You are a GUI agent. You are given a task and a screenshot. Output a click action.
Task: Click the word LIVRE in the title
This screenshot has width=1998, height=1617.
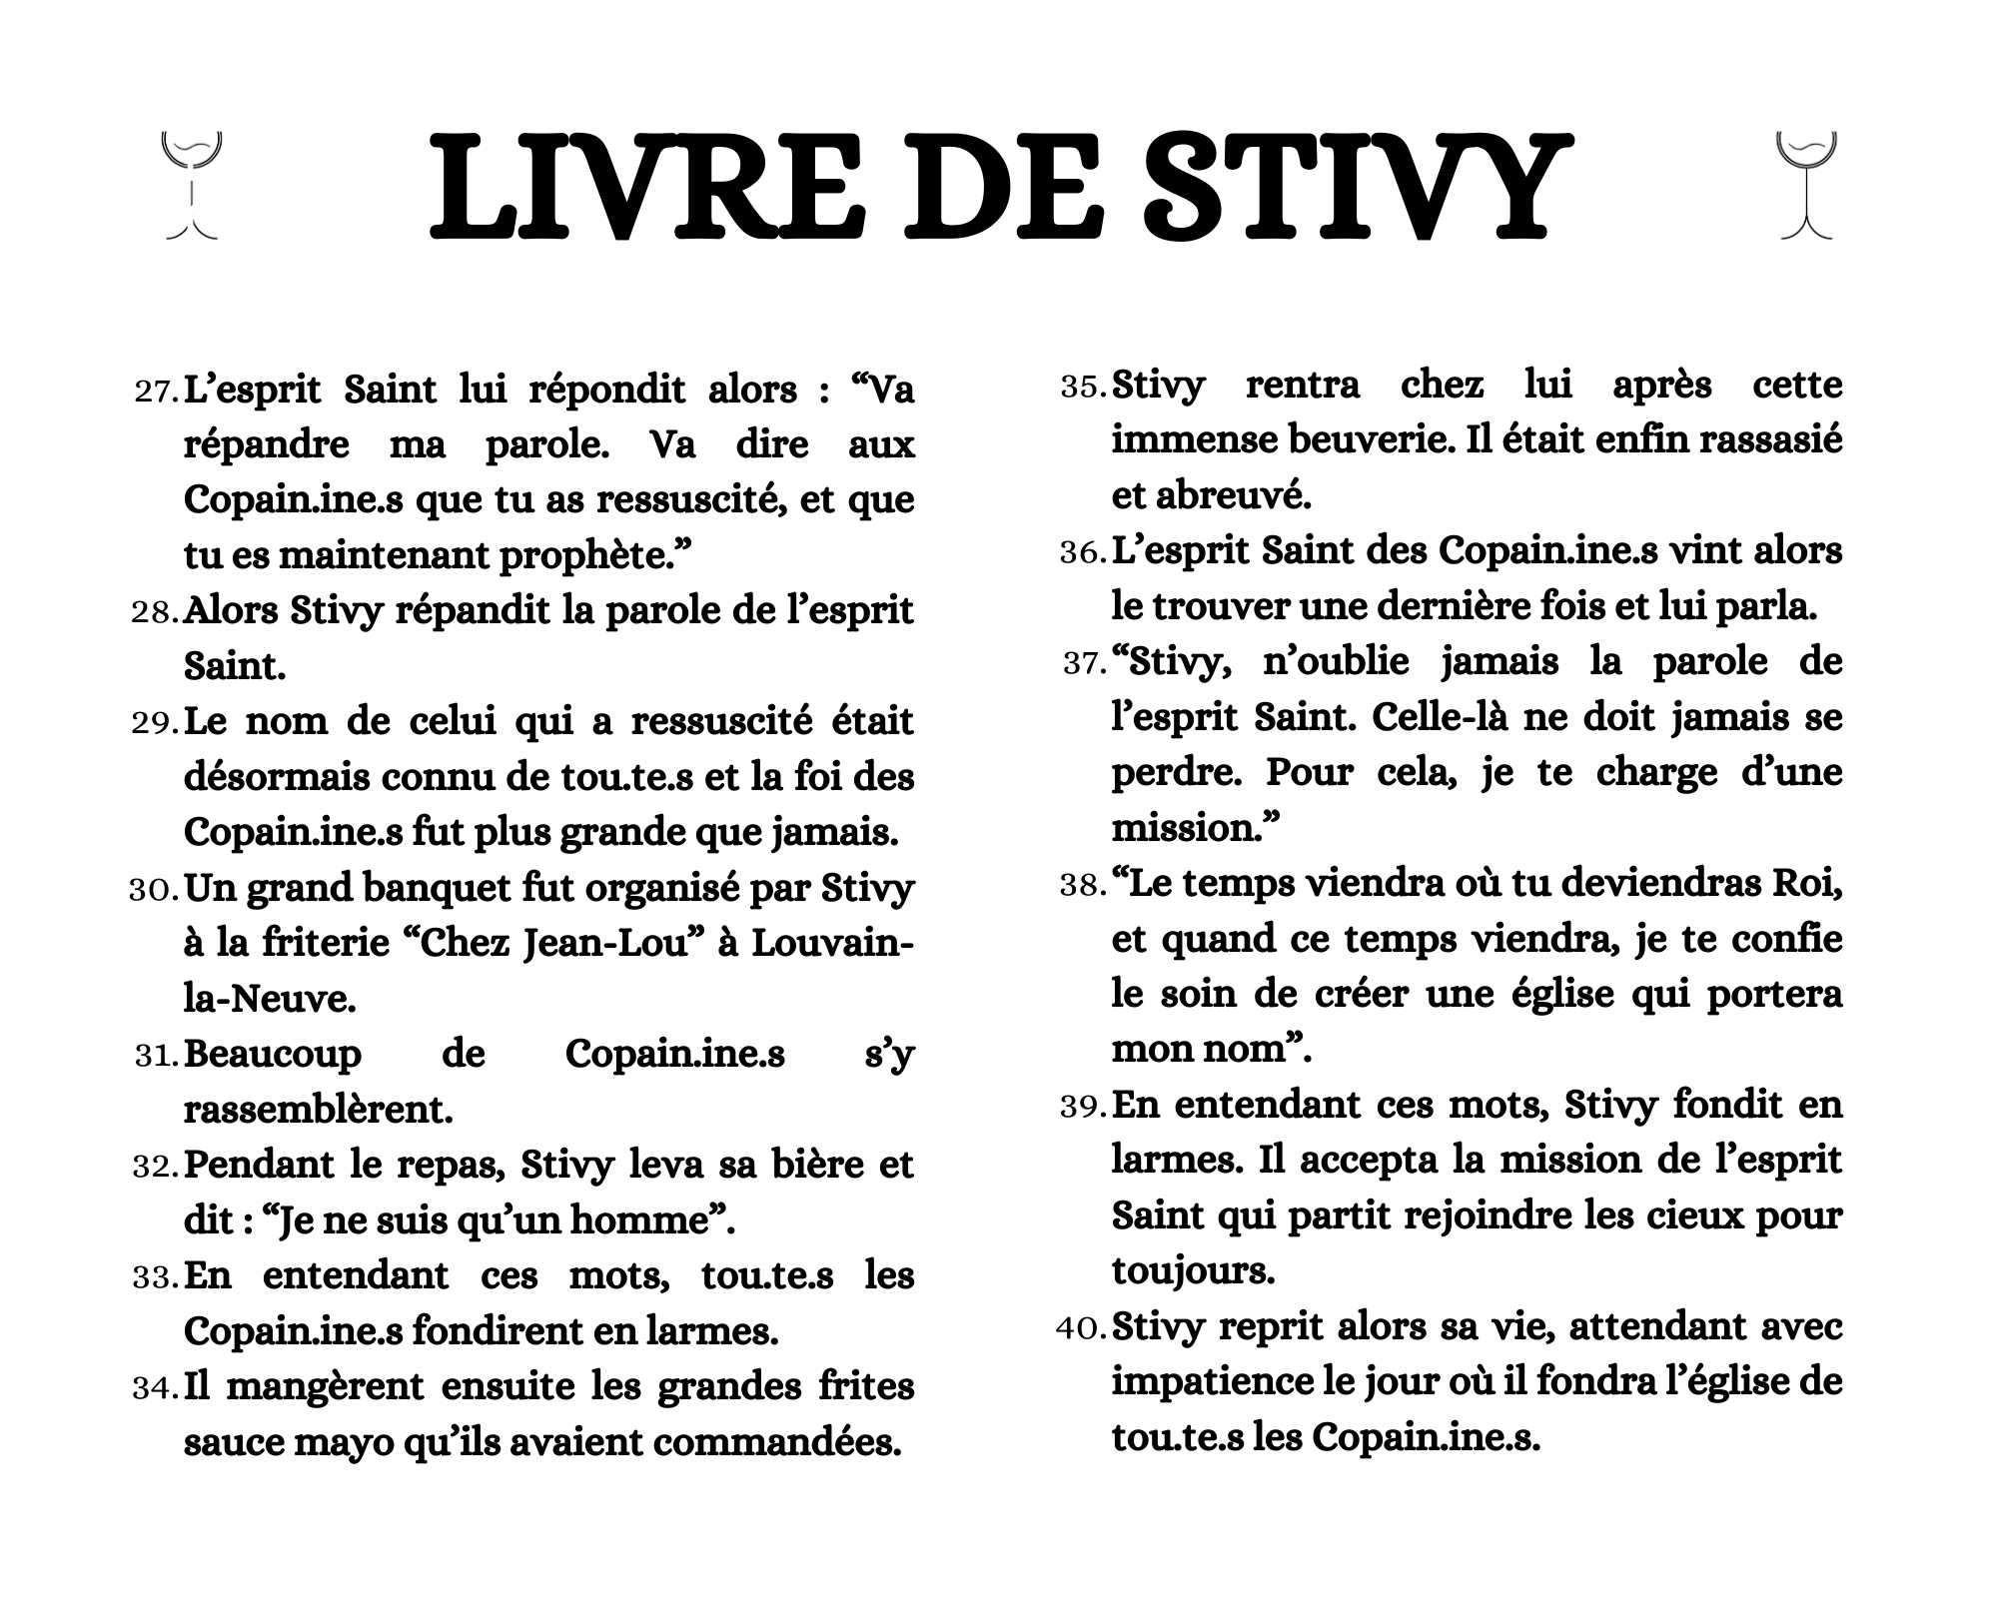click(649, 190)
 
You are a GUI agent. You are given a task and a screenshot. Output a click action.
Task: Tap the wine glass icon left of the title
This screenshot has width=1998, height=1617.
click(191, 186)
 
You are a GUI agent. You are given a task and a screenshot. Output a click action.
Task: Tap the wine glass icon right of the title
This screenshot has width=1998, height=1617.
click(1806, 186)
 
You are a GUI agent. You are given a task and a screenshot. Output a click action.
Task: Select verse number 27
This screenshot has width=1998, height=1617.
click(155, 392)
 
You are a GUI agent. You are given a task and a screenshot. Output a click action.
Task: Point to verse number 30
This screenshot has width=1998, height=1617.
click(153, 890)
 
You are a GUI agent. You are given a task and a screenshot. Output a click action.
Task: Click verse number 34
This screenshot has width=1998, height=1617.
click(155, 1388)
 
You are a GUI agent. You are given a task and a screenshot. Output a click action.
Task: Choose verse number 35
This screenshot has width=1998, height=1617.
click(1082, 387)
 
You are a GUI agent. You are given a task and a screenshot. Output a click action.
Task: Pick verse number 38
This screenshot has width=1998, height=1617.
click(1082, 886)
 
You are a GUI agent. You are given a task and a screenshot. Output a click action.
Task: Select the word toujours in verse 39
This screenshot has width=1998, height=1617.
click(1192, 1271)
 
